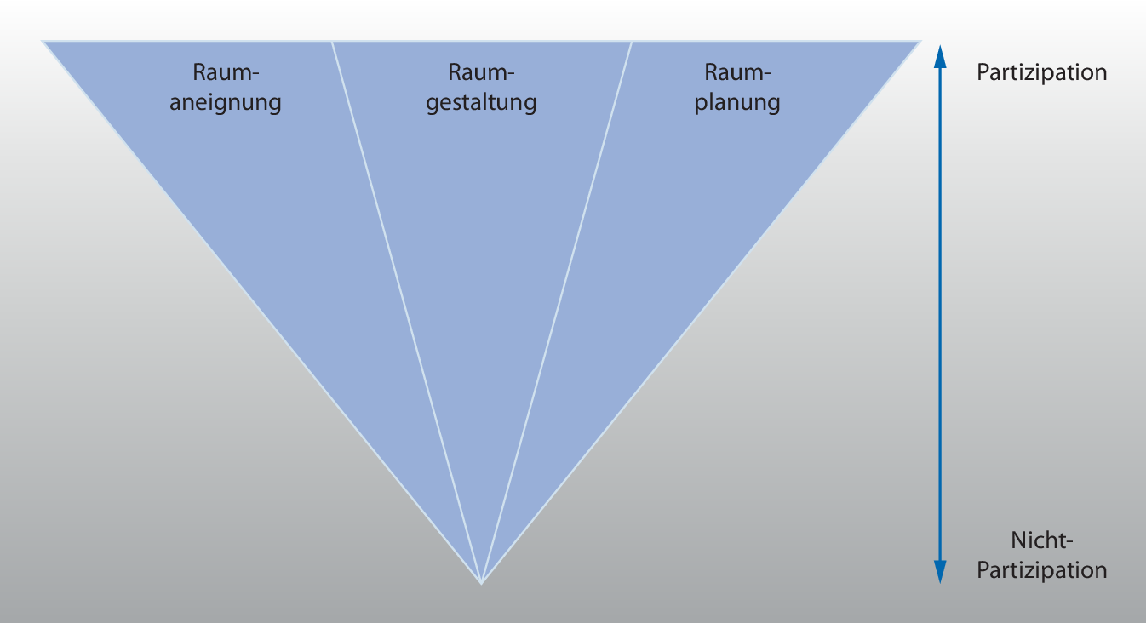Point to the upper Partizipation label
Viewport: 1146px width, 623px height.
pyautogui.click(x=1041, y=72)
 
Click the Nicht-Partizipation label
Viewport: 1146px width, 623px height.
pyautogui.click(x=1042, y=555)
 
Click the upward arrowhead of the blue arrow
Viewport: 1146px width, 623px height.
pyautogui.click(x=940, y=56)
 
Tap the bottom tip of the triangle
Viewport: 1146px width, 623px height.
pyautogui.click(x=481, y=582)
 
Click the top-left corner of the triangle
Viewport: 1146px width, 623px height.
pyautogui.click(x=45, y=42)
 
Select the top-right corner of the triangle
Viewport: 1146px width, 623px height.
pyautogui.click(x=920, y=42)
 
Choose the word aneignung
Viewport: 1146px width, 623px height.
pyautogui.click(x=226, y=104)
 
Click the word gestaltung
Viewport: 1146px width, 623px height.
pyautogui.click(x=481, y=104)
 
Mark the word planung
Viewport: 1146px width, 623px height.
pyautogui.click(x=737, y=104)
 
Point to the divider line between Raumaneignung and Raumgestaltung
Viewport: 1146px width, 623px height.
pyautogui.click(x=406, y=311)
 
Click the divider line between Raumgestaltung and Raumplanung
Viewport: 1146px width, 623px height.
pyautogui.click(x=557, y=311)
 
